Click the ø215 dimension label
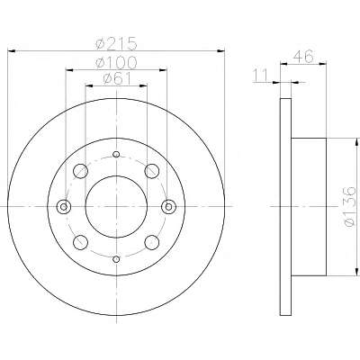click(x=116, y=43)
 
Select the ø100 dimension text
click(x=116, y=62)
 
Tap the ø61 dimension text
click(x=117, y=78)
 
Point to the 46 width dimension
click(x=303, y=56)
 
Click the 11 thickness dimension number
click(x=260, y=76)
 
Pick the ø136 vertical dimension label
click(x=350, y=206)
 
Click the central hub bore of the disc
click(x=116, y=206)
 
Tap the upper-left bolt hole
click(x=81, y=171)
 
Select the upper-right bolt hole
click(x=152, y=171)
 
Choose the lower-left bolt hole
click(x=81, y=242)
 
